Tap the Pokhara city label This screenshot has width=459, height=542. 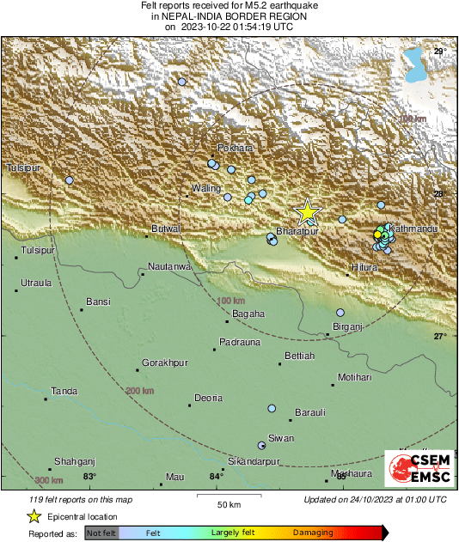[236, 148]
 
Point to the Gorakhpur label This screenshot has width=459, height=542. [165, 363]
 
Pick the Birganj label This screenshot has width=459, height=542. [348, 327]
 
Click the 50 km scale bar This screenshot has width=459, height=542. [228, 496]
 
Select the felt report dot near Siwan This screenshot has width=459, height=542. [262, 445]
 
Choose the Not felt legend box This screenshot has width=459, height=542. [101, 533]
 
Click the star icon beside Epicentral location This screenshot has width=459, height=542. [34, 516]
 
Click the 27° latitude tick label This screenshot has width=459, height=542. [439, 336]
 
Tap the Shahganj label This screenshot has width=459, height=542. [73, 461]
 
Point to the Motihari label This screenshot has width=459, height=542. [355, 377]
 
